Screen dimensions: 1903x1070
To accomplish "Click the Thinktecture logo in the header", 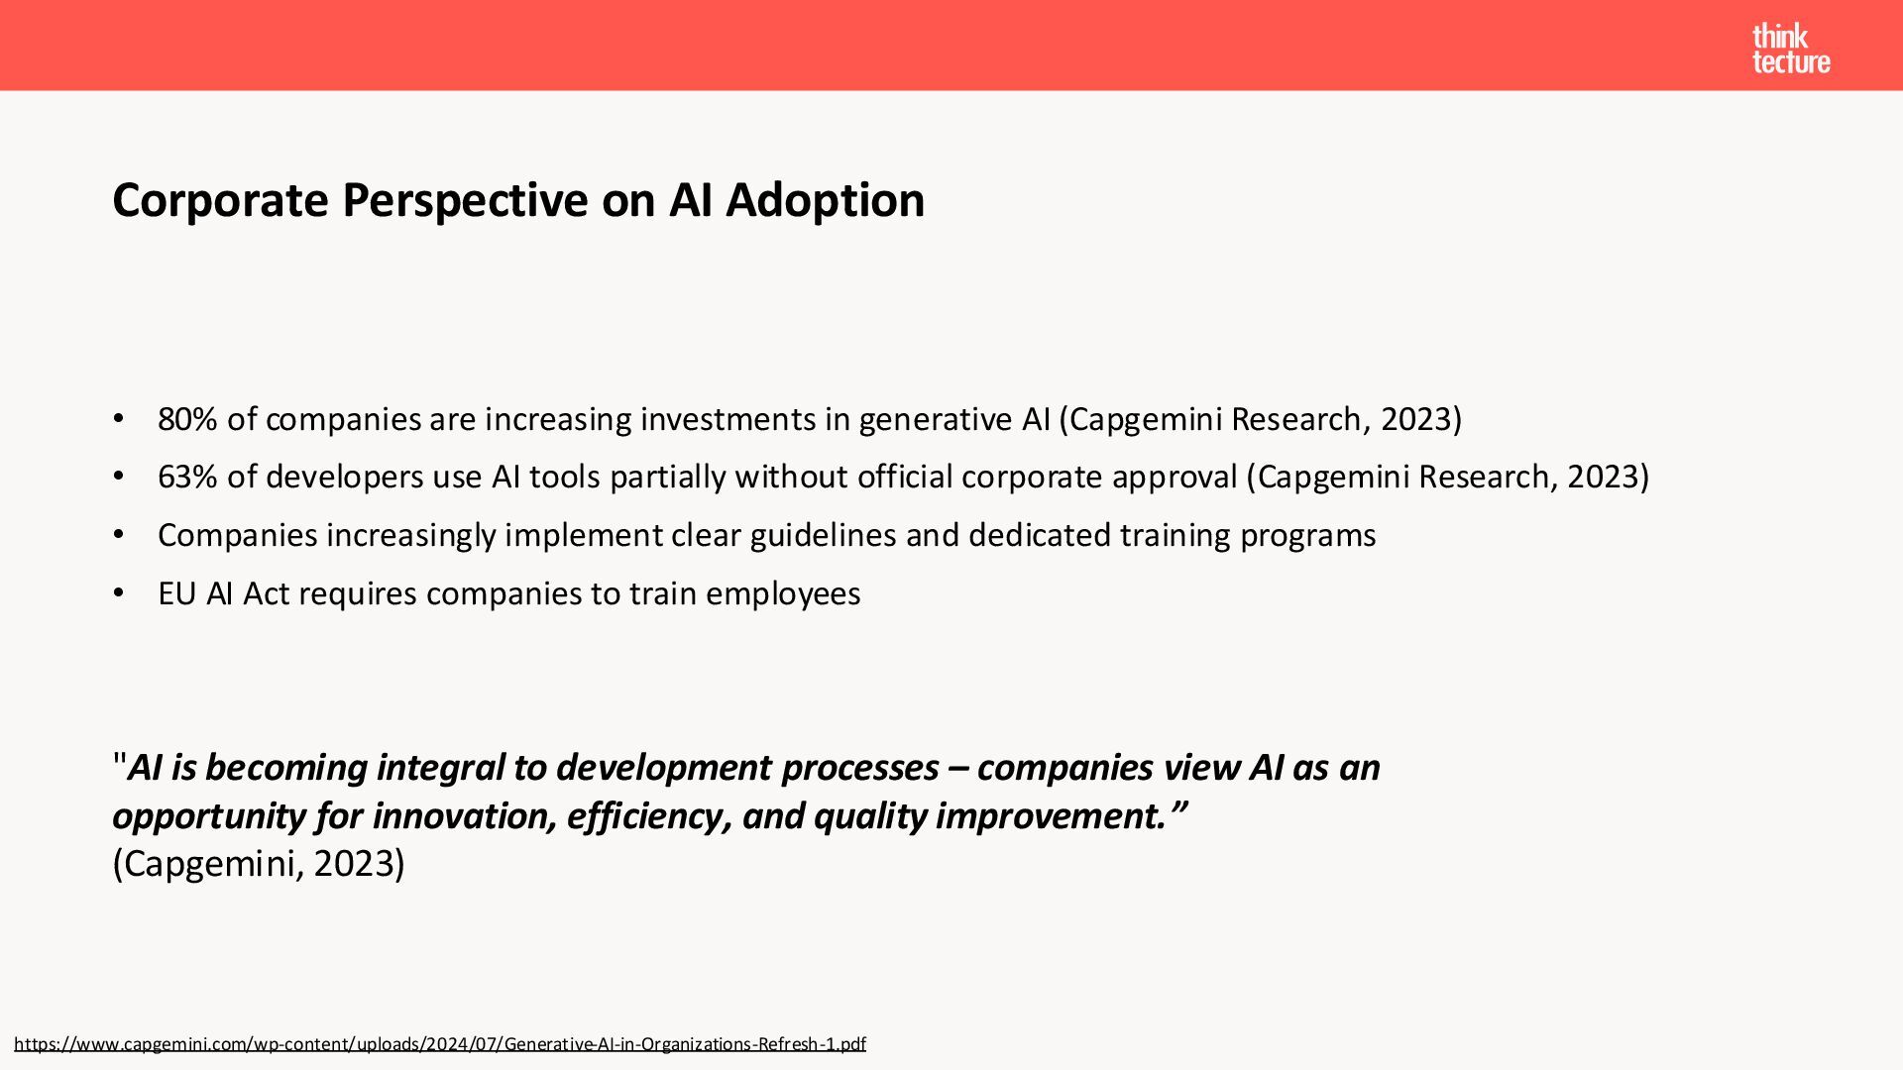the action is (x=1791, y=49).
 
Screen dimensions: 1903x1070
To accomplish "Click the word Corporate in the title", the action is (x=220, y=201).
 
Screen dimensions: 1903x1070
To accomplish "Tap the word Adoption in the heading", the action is (x=825, y=201).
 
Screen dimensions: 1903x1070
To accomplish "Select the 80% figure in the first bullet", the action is (x=187, y=419).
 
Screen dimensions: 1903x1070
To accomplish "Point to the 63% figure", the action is (x=187, y=477).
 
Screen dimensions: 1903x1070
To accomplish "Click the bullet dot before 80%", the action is (x=119, y=419).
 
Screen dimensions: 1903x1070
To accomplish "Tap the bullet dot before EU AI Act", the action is (x=119, y=593).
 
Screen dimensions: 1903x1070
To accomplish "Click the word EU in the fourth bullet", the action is (x=177, y=593).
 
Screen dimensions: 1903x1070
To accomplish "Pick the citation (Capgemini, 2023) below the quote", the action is (x=259, y=864).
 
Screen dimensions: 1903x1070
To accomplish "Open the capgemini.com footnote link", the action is (x=440, y=1044).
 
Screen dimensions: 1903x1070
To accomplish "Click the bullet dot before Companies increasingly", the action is (x=119, y=535).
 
